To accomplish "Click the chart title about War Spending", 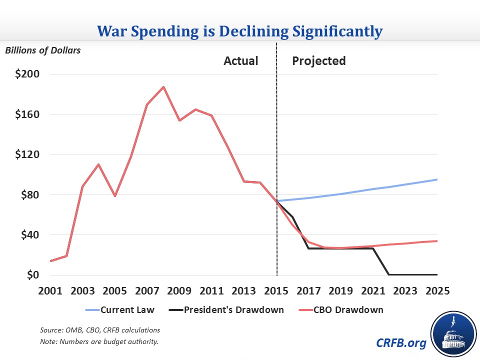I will [x=240, y=31].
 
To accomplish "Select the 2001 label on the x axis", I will [x=51, y=291].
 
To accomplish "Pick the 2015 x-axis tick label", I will [x=276, y=291].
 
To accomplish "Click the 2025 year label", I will [x=437, y=291].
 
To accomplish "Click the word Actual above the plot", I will [x=241, y=61].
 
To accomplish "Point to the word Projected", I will [x=319, y=61].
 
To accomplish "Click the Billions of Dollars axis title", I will [x=43, y=50].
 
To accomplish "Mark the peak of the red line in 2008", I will [x=163, y=87].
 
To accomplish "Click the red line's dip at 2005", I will [x=115, y=195].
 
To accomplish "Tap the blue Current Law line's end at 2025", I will [x=437, y=179].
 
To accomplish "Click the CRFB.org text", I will [x=400, y=343].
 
